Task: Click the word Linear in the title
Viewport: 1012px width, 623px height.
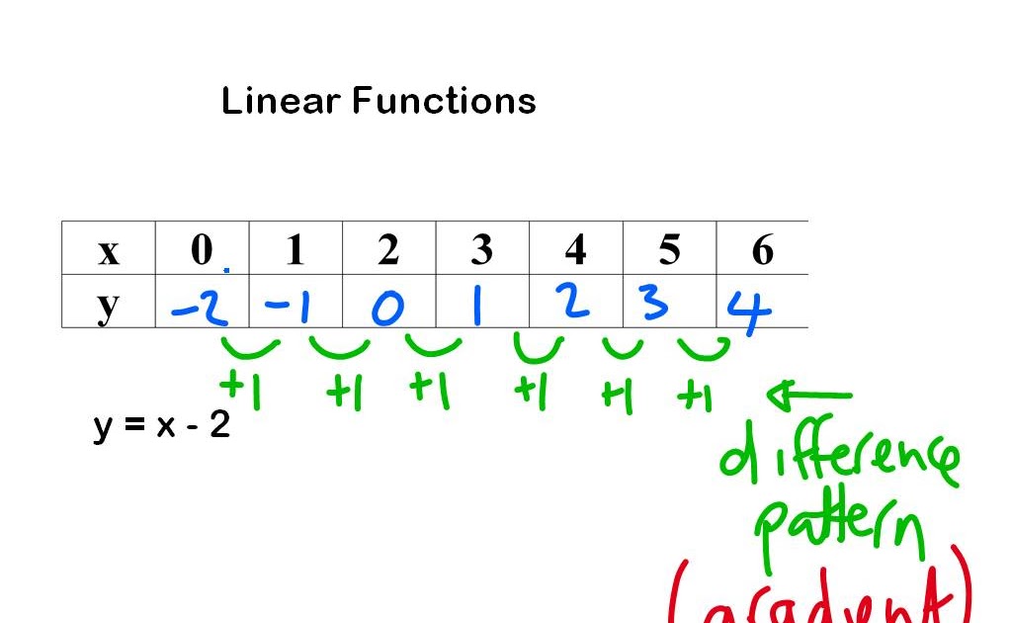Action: (x=282, y=101)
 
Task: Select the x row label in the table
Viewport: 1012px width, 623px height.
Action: (x=109, y=251)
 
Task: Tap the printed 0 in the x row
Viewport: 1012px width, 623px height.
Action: (x=202, y=250)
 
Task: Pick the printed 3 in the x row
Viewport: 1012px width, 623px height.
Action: (x=481, y=250)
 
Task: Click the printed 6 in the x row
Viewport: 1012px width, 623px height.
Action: (x=762, y=250)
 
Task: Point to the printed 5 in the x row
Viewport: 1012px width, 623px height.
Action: (x=669, y=250)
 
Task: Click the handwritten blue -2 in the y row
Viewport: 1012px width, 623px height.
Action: (x=200, y=309)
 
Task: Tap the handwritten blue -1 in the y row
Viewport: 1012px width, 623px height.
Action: (x=289, y=309)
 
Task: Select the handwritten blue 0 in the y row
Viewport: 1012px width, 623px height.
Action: (x=387, y=310)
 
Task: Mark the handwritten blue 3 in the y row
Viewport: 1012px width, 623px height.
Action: (x=654, y=304)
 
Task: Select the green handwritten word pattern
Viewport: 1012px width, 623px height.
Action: (x=840, y=529)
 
